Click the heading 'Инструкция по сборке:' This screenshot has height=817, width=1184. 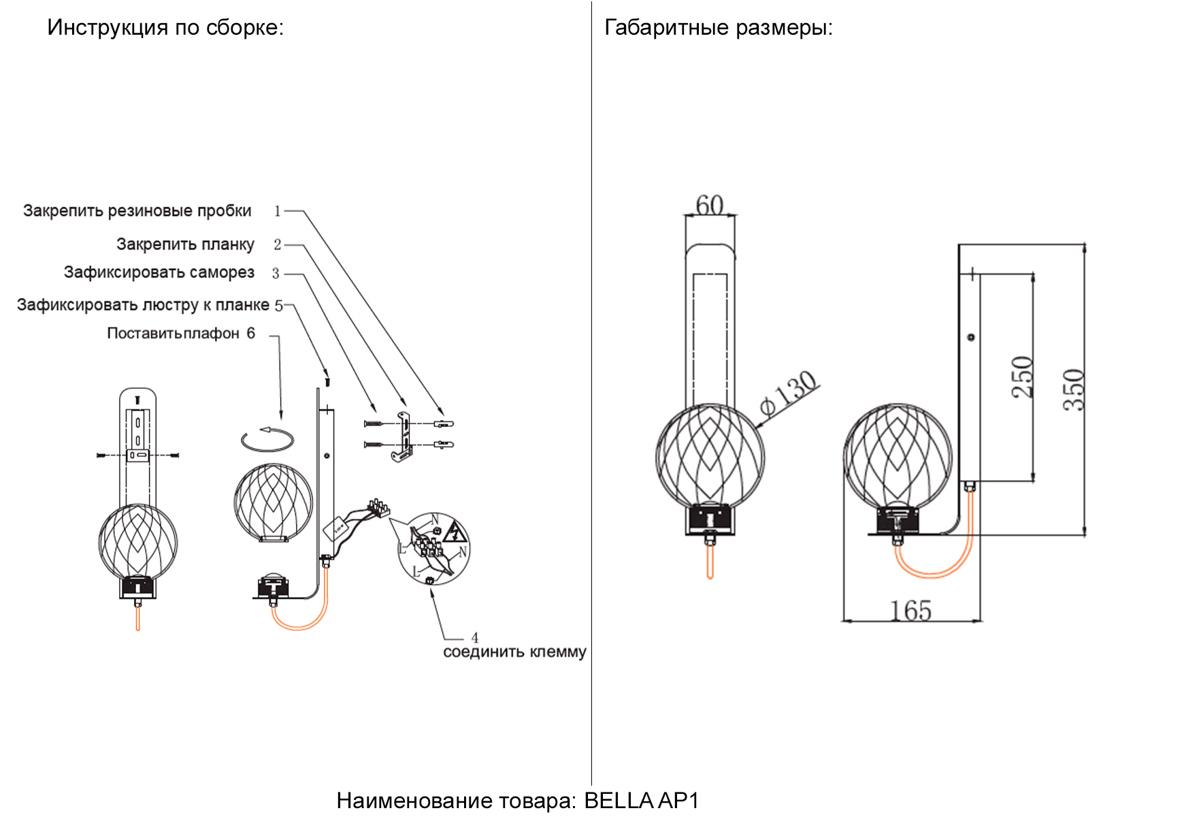165,28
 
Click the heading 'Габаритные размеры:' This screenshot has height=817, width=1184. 718,28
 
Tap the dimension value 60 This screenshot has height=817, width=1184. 710,205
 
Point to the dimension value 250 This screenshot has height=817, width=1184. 1022,377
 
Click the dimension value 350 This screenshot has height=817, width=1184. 1074,389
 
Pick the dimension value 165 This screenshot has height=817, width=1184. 910,611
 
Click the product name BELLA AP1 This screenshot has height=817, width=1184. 641,801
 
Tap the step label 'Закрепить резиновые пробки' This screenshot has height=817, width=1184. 137,211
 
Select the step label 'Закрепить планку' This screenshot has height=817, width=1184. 185,244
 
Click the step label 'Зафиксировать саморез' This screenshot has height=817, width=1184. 159,272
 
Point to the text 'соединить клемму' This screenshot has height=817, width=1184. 514,652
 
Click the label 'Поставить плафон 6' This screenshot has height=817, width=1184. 181,334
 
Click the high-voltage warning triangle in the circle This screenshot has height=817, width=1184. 455,532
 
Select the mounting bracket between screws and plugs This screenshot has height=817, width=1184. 404,436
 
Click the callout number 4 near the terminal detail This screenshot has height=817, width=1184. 475,638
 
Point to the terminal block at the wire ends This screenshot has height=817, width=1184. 378,508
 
